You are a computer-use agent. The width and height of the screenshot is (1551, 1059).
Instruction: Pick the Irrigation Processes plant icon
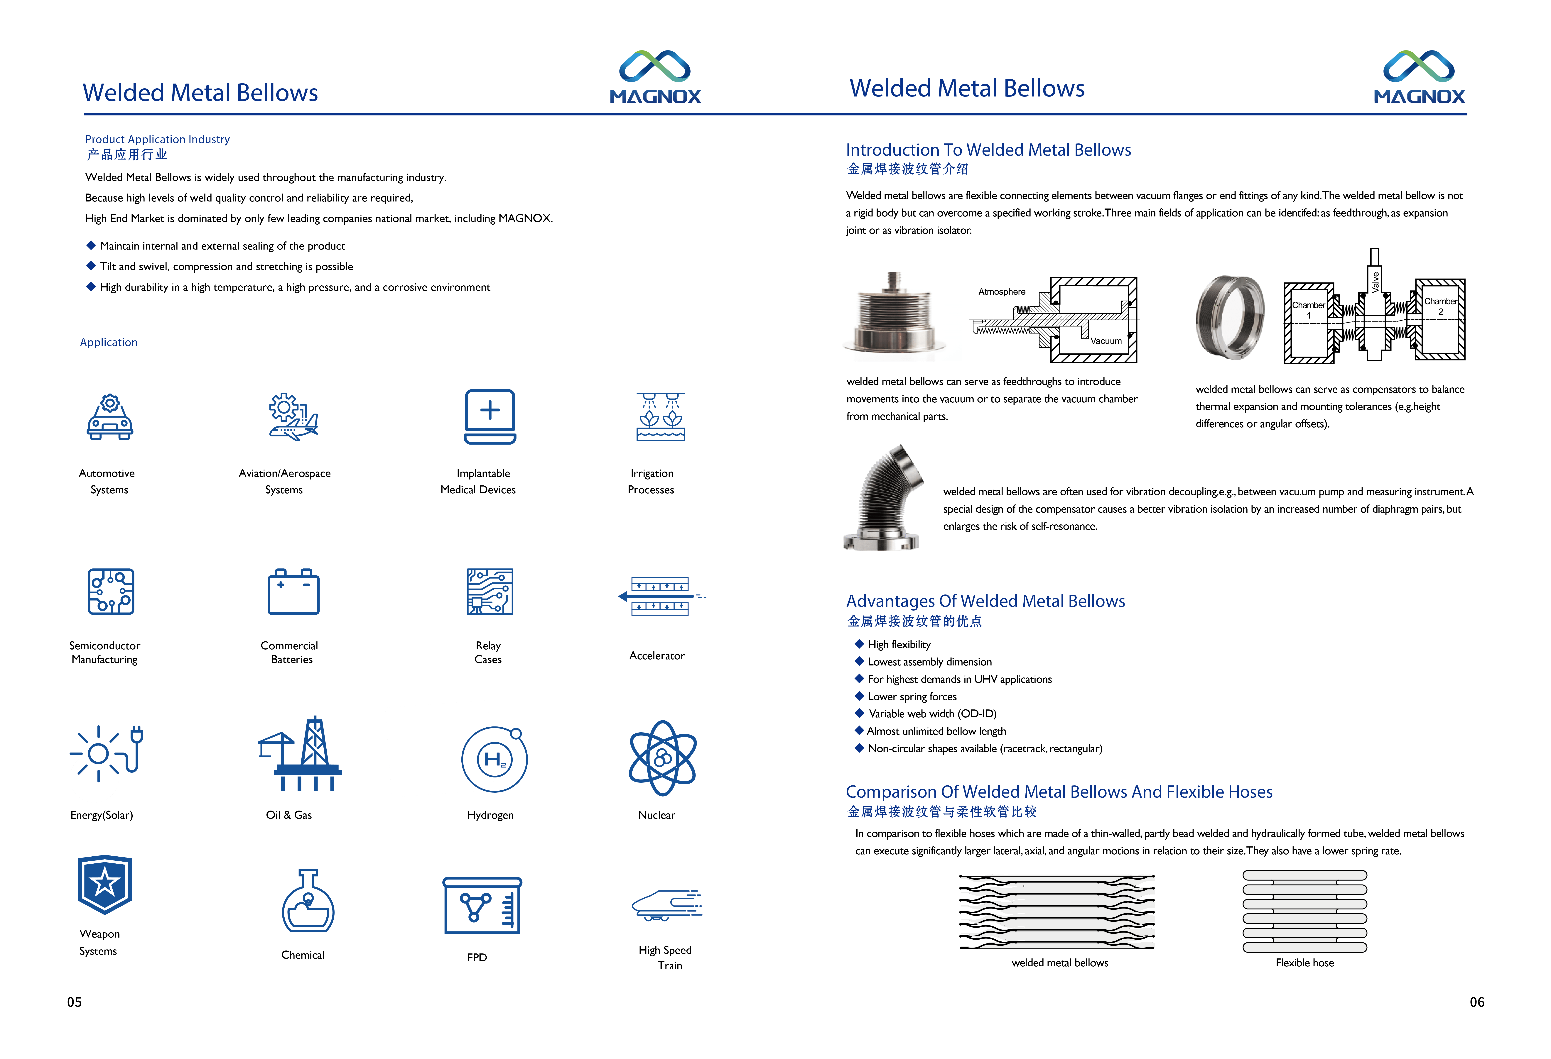pyautogui.click(x=661, y=417)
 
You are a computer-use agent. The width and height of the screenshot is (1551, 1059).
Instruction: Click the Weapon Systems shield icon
pyautogui.click(x=105, y=884)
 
